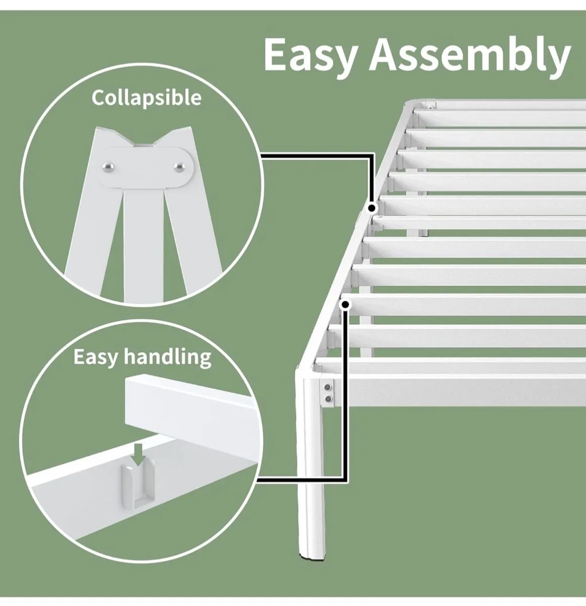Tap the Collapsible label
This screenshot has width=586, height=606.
point(146,97)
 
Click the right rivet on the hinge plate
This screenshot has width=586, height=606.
point(178,166)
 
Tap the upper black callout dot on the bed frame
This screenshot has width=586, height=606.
point(372,208)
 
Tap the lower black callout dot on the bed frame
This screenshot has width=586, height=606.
point(346,304)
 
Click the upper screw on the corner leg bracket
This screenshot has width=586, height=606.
point(328,388)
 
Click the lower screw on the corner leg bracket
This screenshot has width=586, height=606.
point(328,399)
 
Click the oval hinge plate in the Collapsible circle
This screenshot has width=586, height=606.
point(144,167)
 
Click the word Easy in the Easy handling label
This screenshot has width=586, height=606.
point(96,357)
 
